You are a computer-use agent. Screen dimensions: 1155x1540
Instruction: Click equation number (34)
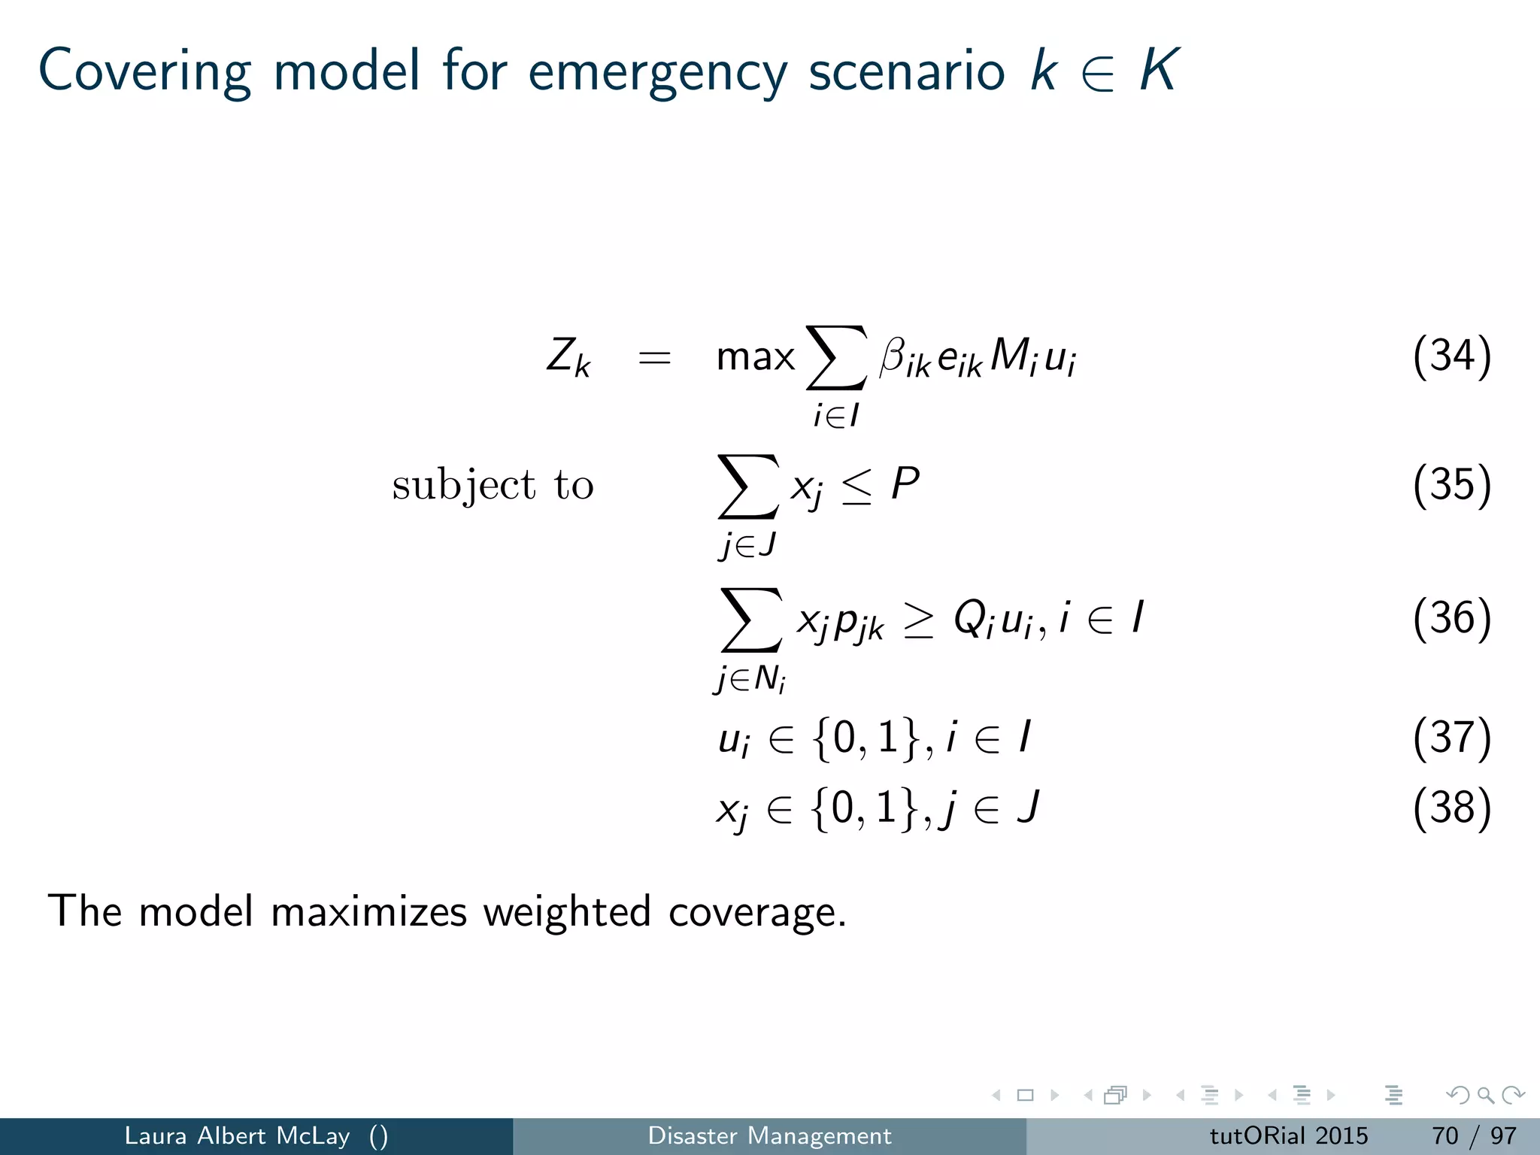(1451, 356)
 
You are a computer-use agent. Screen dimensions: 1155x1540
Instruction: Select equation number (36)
(1451, 618)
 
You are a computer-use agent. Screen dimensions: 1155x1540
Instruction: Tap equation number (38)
(1451, 808)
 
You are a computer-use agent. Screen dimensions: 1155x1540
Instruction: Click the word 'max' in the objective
(755, 357)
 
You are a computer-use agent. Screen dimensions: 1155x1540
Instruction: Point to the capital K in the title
(1158, 70)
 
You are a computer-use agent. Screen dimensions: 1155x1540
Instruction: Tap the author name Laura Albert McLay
(237, 1135)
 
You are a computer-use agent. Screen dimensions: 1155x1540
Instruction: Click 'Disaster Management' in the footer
(769, 1135)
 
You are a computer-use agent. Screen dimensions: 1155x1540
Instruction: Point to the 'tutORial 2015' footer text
(1288, 1135)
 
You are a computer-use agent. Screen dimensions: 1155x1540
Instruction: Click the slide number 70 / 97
(1474, 1135)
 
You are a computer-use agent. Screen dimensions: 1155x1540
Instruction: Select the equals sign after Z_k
(654, 358)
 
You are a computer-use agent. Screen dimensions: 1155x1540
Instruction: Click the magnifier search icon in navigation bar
(1485, 1096)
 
